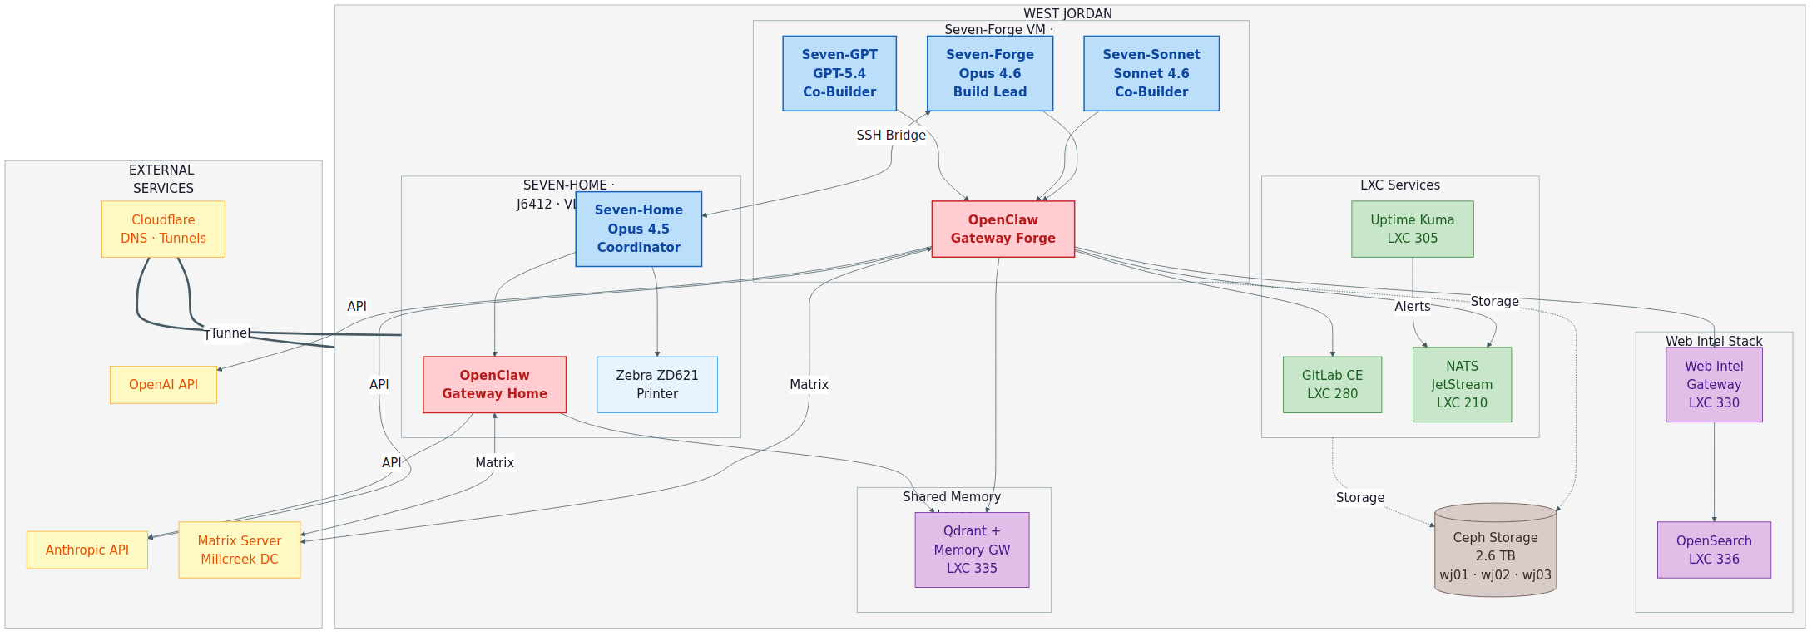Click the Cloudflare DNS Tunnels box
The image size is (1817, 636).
click(x=163, y=229)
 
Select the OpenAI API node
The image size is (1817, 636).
click(x=163, y=385)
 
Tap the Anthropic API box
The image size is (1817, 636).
click(x=87, y=550)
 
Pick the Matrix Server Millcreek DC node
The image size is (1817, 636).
click(x=239, y=550)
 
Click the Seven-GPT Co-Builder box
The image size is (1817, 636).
click(x=839, y=73)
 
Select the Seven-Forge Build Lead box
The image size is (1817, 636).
click(x=989, y=73)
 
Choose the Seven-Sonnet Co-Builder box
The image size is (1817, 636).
click(x=1151, y=73)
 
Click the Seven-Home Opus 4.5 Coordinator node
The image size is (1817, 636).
click(x=638, y=229)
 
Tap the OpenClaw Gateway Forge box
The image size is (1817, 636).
click(x=1003, y=229)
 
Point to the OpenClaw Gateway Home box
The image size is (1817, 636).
click(x=494, y=385)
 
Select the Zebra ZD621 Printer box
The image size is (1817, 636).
click(x=656, y=385)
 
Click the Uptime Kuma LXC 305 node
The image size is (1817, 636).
click(x=1412, y=229)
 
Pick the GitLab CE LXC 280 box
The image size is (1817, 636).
click(x=1332, y=385)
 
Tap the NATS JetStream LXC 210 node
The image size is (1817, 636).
click(x=1462, y=385)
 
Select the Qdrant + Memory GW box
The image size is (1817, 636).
click(x=972, y=550)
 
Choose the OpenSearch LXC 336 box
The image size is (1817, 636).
click(x=1714, y=550)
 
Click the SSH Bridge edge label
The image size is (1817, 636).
click(x=891, y=136)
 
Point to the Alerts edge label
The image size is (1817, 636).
click(x=1412, y=307)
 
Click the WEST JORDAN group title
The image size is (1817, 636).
click(x=1067, y=14)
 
